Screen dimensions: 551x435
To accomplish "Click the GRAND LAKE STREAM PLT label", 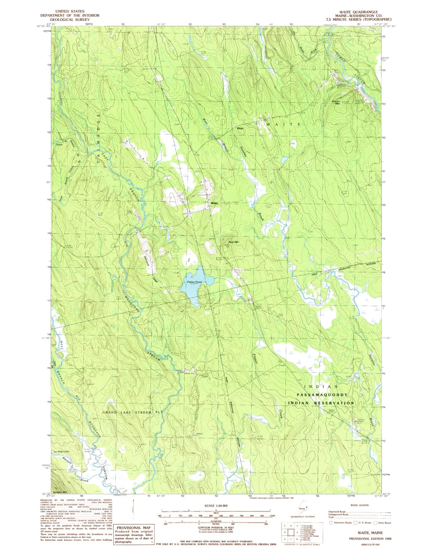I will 133,412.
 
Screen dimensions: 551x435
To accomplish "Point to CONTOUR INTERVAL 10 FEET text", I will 215,528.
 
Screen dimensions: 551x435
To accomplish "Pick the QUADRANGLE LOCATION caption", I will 301,517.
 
